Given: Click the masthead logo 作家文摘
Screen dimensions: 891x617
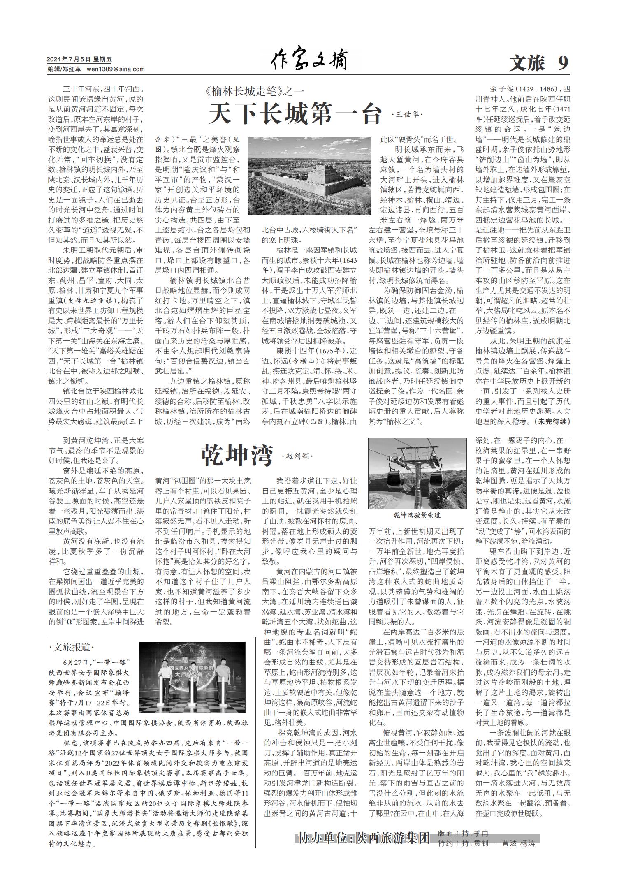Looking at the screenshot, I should pos(309,61).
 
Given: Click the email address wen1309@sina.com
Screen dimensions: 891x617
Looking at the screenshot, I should pos(116,69).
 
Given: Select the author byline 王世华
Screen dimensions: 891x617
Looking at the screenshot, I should pos(407,115).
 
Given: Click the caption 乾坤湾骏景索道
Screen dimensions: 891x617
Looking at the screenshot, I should pos(417,515).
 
